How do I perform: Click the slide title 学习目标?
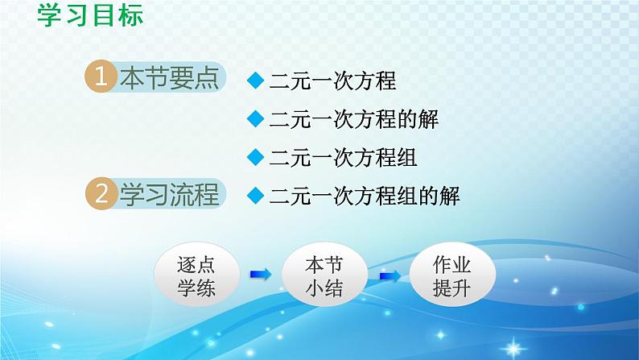[90, 15]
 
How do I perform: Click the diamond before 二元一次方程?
[256, 80]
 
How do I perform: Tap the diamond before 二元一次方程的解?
[256, 118]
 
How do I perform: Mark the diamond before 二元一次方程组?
[256, 156]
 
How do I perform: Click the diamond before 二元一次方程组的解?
[256, 195]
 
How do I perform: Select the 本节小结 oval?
[324, 276]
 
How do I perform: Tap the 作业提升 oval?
[451, 276]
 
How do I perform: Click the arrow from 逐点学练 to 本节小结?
[260, 275]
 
